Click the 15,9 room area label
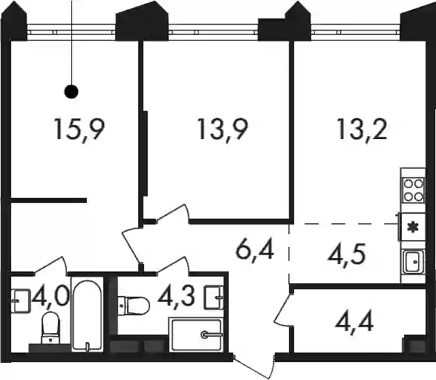(79, 129)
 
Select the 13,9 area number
(222, 129)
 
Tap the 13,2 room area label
(362, 129)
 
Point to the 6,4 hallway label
(255, 251)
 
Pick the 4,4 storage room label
(354, 323)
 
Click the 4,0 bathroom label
(51, 297)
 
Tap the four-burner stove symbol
(413, 190)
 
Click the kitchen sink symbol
(414, 262)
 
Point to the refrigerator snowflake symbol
(413, 227)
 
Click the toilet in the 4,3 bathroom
(134, 306)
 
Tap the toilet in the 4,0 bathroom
(51, 328)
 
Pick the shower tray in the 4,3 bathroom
(197, 335)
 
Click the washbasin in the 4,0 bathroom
(21, 300)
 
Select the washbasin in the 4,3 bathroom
(214, 297)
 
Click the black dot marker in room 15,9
(71, 91)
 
